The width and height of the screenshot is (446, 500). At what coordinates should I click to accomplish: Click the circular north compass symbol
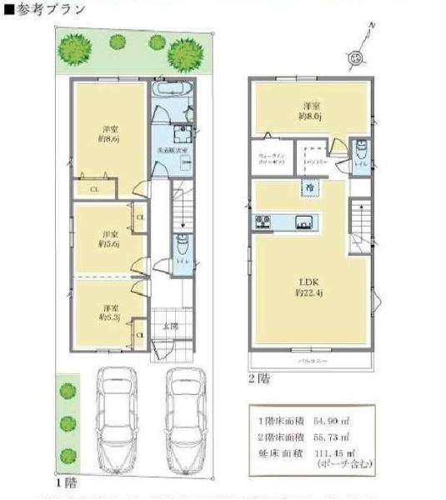pos(357,57)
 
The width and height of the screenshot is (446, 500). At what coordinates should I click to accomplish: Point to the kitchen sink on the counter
pos(303,222)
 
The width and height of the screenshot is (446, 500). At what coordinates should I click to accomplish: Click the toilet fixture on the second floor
pos(359,152)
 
